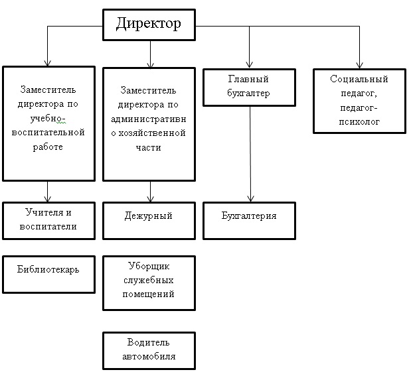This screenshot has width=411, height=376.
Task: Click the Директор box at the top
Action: click(149, 25)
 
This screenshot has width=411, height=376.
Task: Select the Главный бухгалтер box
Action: click(249, 87)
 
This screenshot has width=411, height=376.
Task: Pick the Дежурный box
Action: click(149, 220)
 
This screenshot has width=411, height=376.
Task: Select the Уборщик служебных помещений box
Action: click(149, 283)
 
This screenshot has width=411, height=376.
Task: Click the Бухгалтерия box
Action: click(249, 220)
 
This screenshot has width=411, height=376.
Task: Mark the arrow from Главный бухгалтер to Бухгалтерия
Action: click(250, 153)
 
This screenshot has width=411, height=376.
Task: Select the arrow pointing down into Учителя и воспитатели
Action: click(48, 192)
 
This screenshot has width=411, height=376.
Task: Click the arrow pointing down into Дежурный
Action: click(150, 192)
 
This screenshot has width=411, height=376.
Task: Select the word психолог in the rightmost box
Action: click(359, 121)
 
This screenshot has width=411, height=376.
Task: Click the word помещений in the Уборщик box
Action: click(149, 294)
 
